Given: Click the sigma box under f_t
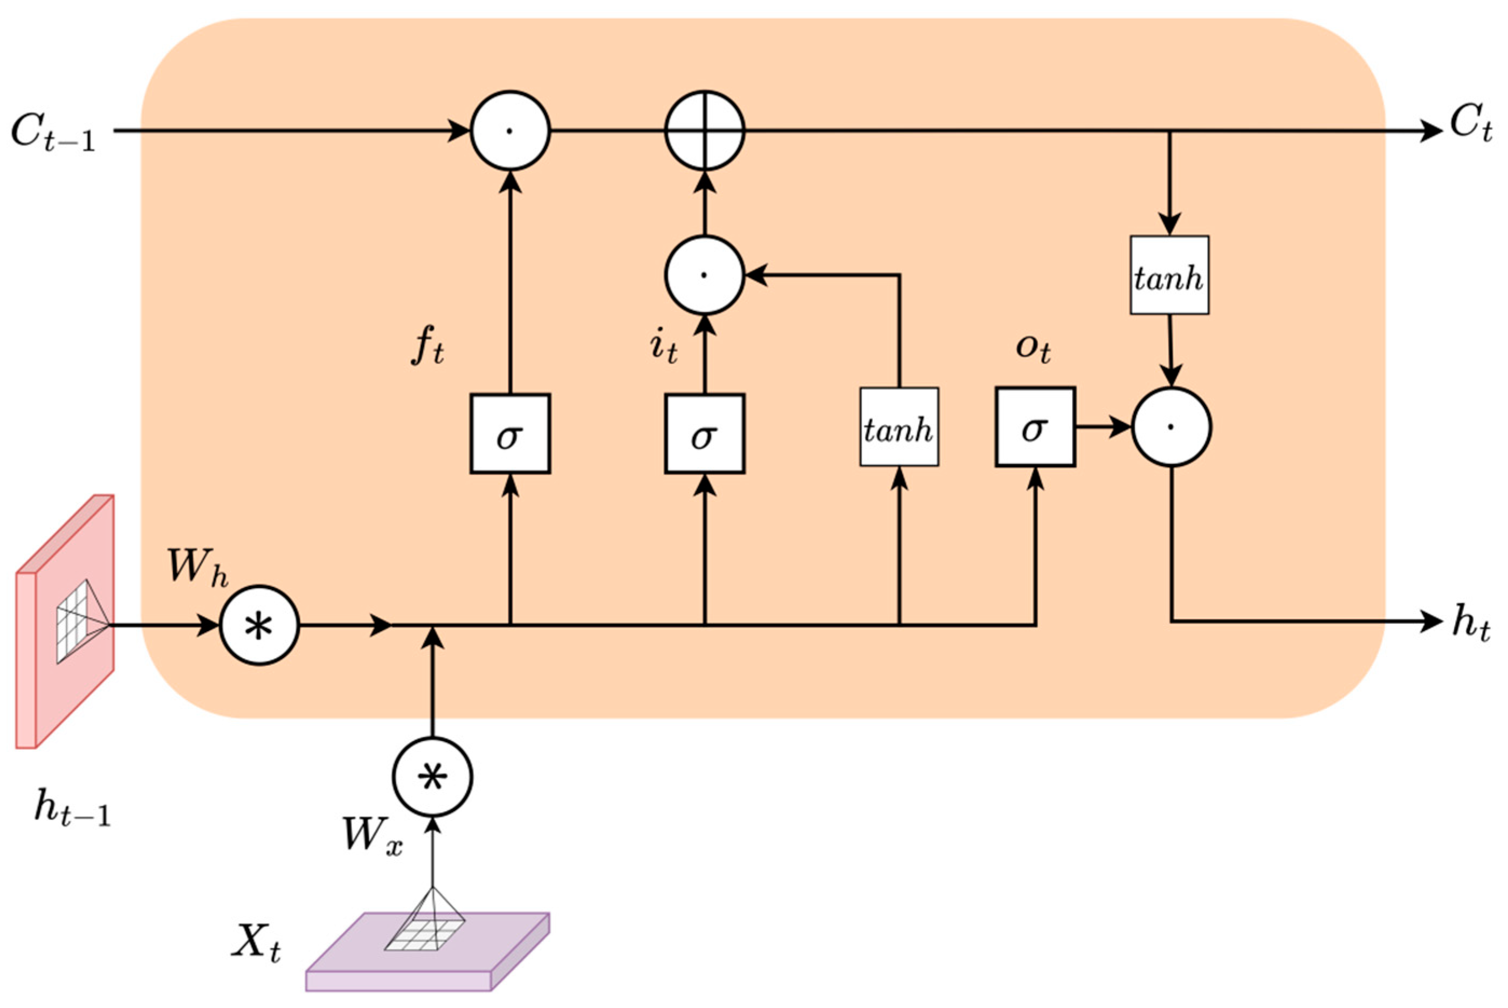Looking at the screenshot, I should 509,434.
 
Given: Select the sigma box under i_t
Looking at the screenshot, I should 705,434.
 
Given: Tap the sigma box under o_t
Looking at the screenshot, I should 1035,427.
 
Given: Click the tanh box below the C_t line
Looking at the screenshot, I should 1169,274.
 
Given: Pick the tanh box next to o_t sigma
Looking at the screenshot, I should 899,427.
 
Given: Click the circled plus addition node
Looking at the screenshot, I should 705,130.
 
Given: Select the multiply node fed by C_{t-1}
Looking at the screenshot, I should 509,130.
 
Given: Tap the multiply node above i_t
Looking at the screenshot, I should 705,275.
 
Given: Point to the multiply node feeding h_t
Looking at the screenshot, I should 1172,427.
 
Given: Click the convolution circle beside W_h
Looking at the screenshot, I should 260,625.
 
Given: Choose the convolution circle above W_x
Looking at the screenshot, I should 432,777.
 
